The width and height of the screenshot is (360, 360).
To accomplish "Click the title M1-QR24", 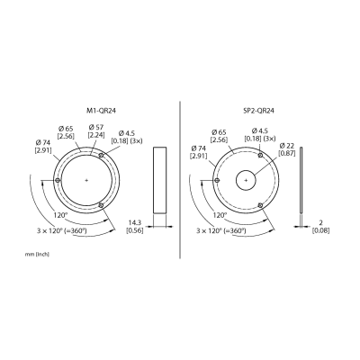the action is (99, 111).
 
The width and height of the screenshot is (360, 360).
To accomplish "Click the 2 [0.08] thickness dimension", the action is (320, 227).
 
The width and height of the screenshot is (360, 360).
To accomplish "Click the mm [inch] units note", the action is (37, 255).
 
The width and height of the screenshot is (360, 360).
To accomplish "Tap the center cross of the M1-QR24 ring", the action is (86, 180).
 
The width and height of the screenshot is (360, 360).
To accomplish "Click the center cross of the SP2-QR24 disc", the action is (246, 180).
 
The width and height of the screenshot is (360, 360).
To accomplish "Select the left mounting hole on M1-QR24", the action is (58, 180).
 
